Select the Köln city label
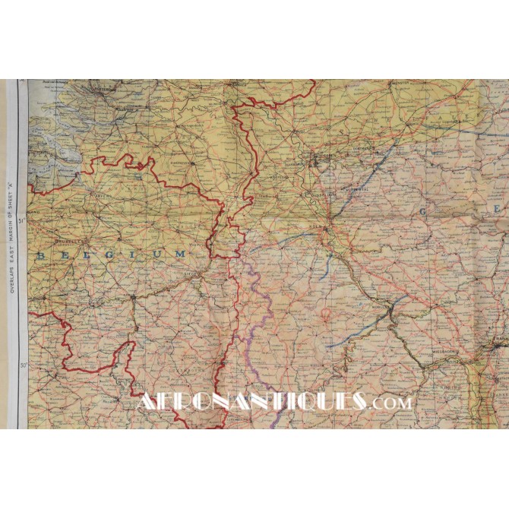317,226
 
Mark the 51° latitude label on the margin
21,222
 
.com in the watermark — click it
390,403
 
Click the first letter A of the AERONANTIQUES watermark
146,400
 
